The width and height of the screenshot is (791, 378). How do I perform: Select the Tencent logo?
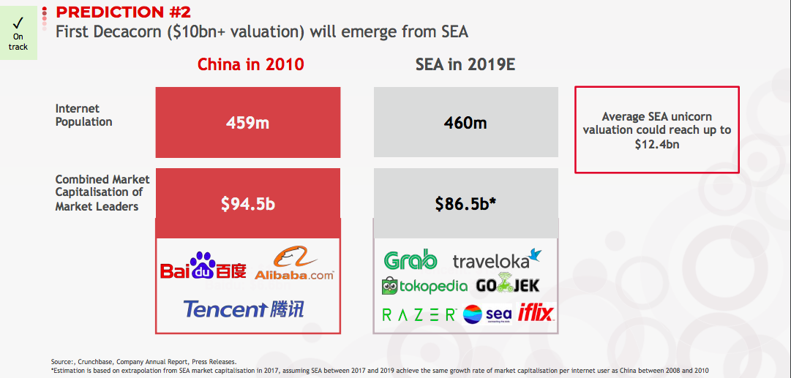pyautogui.click(x=244, y=309)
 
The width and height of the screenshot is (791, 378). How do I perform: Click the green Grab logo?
pyautogui.click(x=410, y=260)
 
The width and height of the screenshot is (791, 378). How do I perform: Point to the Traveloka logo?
pyautogui.click(x=498, y=259)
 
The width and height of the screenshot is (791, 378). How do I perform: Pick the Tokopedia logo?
pyautogui.click(x=424, y=286)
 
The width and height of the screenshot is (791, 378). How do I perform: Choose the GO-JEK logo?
pyautogui.click(x=508, y=286)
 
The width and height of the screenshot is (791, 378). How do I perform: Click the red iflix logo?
pyautogui.click(x=536, y=313)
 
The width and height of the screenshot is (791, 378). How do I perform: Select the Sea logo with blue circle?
pyautogui.click(x=487, y=314)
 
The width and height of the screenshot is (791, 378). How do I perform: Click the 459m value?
pyautogui.click(x=247, y=123)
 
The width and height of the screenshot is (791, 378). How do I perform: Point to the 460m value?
pyautogui.click(x=465, y=123)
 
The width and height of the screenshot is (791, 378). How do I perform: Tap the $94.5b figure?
pyautogui.click(x=248, y=203)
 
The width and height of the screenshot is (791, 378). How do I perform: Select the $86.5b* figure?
pyautogui.click(x=466, y=203)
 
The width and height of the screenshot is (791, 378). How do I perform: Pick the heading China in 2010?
pyautogui.click(x=251, y=64)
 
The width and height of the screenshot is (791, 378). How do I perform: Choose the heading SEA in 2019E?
pyautogui.click(x=465, y=64)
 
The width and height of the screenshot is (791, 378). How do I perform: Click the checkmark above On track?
pyautogui.click(x=18, y=23)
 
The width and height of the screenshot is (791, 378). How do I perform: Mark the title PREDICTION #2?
pyautogui.click(x=123, y=12)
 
